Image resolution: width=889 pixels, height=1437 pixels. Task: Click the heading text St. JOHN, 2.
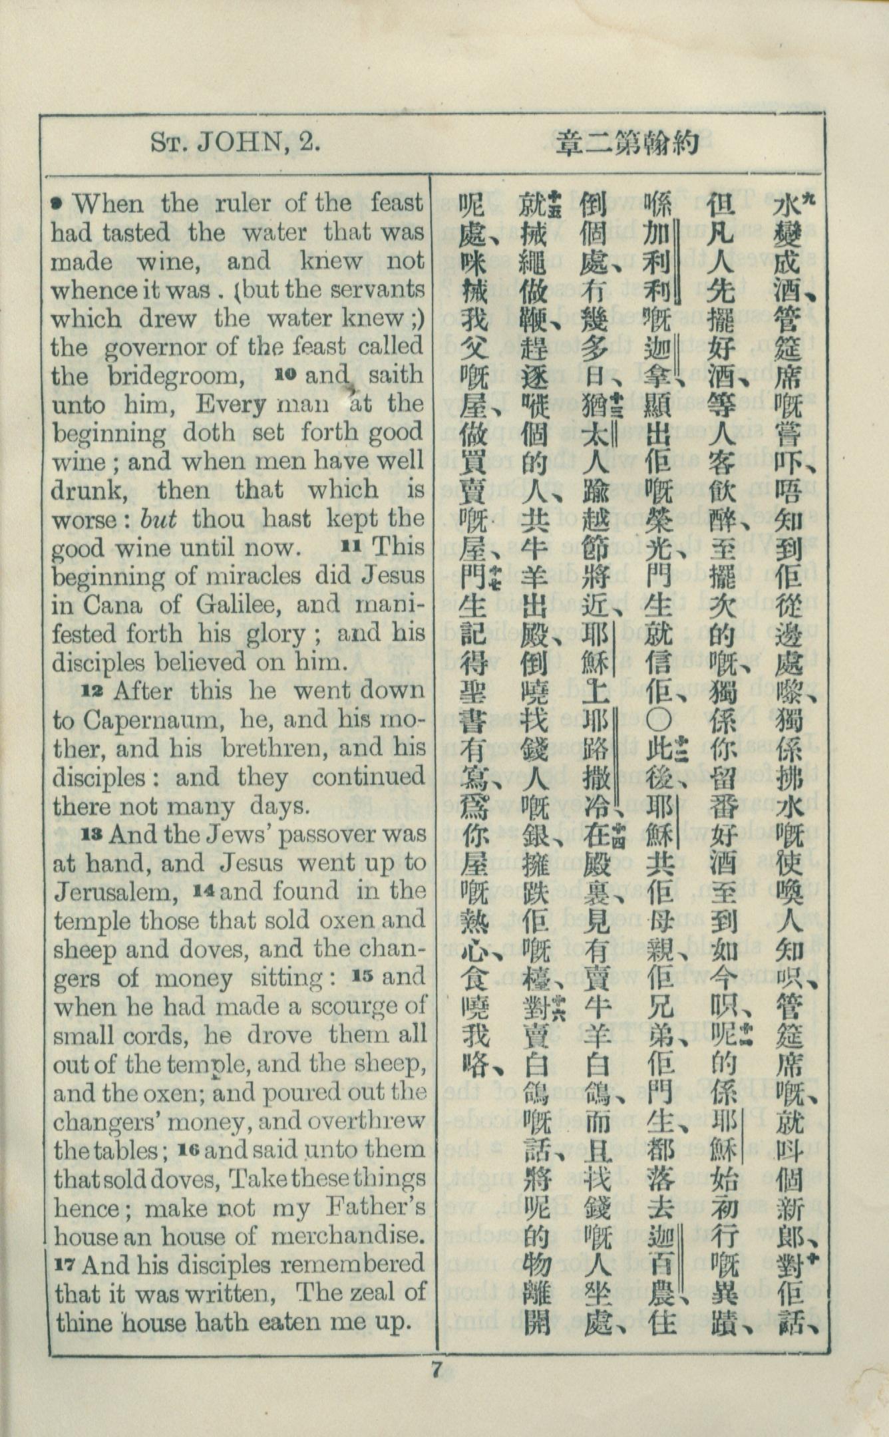click(236, 142)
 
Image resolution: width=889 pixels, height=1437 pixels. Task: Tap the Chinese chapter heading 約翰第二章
click(628, 143)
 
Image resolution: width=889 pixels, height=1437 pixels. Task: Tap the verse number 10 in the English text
click(285, 375)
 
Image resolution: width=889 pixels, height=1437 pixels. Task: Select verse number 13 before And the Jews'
click(92, 834)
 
